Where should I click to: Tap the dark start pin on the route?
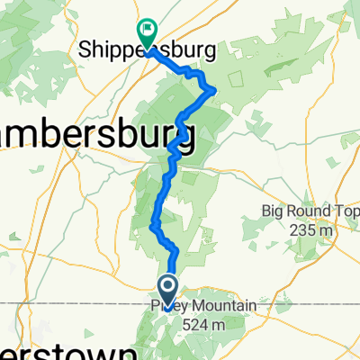[167, 288]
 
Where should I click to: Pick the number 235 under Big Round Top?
[295, 229]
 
